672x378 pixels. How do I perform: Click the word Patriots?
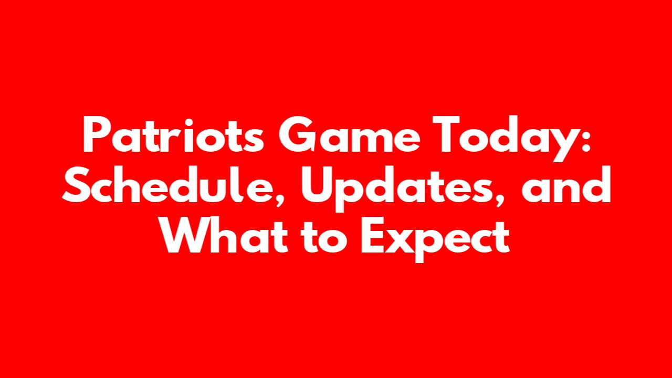pos(173,135)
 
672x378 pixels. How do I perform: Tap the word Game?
pos(349,135)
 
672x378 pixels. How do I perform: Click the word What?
pos(224,234)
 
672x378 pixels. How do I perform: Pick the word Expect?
pos(435,239)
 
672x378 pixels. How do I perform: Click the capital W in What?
pos(185,234)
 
